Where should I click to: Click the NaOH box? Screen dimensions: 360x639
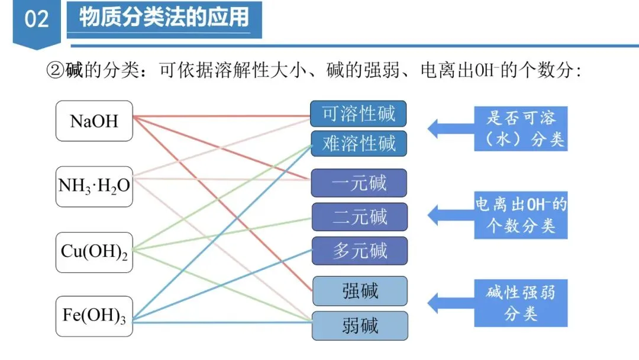[94, 121]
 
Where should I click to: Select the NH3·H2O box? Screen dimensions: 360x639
[94, 186]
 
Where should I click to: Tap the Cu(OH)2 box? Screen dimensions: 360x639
[94, 252]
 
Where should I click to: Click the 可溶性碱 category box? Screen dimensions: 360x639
[359, 113]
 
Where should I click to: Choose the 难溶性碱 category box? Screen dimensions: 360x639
[359, 143]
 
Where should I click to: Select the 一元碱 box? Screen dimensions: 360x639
[359, 182]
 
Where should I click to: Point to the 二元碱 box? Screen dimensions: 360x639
[359, 217]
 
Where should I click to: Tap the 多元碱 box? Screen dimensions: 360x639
[359, 250]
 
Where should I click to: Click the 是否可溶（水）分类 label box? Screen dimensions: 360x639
[521, 128]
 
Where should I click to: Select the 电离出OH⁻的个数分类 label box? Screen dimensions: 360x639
[521, 215]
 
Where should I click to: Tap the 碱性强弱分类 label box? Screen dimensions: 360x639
[521, 303]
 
